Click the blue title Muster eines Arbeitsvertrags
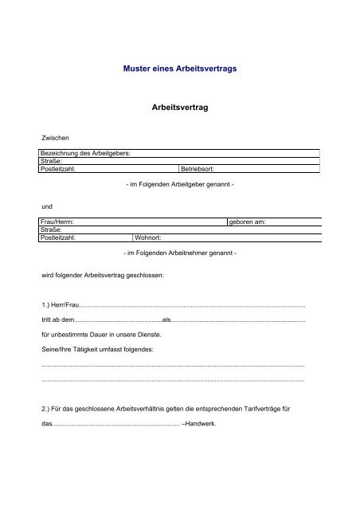pyautogui.click(x=180, y=69)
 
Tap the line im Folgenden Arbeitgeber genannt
pyautogui.click(x=180, y=184)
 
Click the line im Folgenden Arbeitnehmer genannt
pyautogui.click(x=180, y=252)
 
